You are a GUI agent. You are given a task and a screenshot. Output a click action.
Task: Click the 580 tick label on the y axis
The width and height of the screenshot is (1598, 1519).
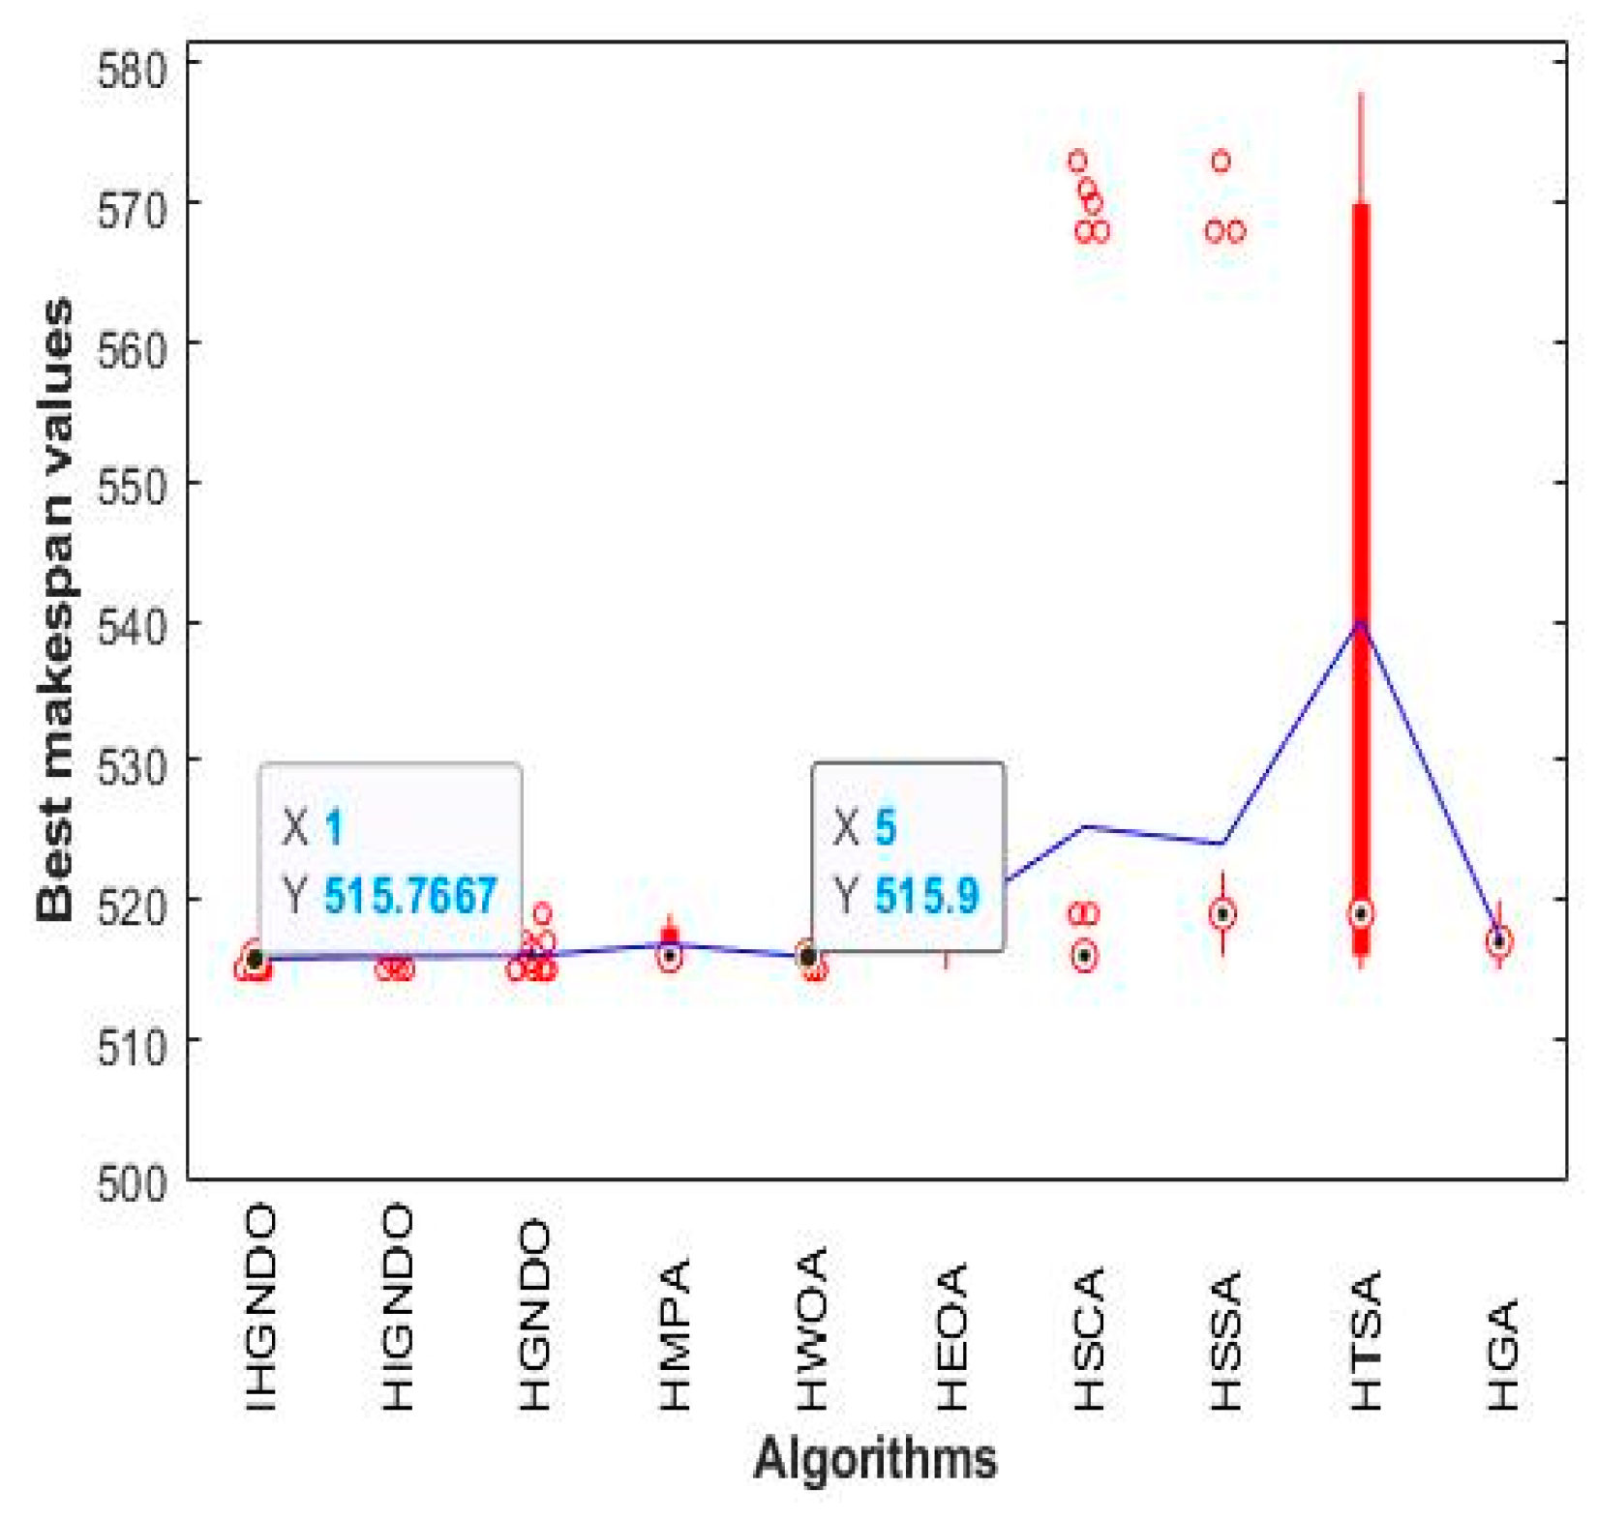tap(131, 70)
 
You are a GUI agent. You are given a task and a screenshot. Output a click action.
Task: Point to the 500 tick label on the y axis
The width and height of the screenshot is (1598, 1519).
tap(131, 1182)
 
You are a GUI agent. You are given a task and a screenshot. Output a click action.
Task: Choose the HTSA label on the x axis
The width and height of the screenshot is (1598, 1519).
tap(1365, 1341)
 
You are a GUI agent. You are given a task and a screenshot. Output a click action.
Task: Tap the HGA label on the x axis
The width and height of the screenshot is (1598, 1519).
tap(1503, 1355)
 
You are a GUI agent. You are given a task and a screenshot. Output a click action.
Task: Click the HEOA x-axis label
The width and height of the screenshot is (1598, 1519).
tap(951, 1336)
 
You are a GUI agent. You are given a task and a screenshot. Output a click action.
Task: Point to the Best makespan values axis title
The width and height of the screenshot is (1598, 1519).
tap(55, 610)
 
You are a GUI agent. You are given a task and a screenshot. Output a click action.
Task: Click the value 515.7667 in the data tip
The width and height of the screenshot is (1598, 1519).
tap(409, 896)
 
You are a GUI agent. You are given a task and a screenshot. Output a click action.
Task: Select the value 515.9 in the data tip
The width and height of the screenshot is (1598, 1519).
tap(926, 896)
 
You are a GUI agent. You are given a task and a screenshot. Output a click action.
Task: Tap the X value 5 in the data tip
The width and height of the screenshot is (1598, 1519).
tap(885, 828)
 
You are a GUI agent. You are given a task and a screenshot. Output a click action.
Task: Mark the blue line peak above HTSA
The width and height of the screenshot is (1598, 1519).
tap(1361, 622)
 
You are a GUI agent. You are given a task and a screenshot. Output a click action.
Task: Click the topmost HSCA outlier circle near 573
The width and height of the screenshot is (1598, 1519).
tap(1077, 161)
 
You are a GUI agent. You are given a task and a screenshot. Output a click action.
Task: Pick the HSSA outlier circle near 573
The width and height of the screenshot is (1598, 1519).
tap(1221, 161)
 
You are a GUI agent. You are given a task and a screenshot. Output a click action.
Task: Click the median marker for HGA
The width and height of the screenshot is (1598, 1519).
tap(1499, 941)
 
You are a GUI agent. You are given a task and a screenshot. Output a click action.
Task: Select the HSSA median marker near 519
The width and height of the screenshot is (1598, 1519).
tap(1222, 914)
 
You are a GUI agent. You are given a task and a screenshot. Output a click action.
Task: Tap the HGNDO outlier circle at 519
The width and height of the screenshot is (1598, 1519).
tap(542, 913)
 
